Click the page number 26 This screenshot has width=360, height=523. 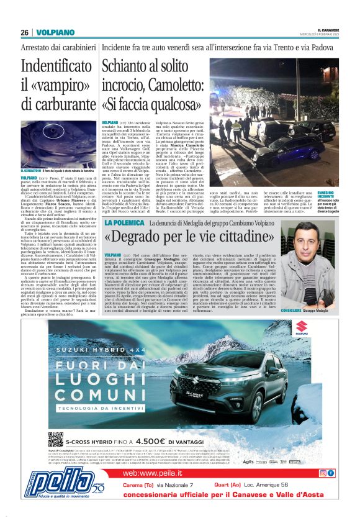(24, 32)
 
